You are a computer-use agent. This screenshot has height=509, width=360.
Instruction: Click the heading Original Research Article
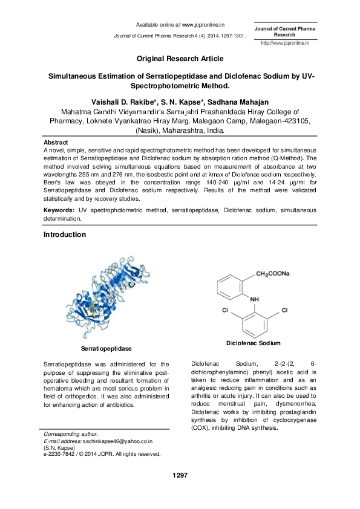(x=179, y=59)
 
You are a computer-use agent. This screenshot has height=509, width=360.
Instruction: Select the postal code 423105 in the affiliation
(x=293, y=121)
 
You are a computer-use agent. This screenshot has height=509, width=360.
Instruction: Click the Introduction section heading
(x=65, y=234)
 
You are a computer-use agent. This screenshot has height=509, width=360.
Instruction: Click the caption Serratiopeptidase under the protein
(x=106, y=349)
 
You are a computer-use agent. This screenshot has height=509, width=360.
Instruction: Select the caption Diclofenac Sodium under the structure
(x=253, y=343)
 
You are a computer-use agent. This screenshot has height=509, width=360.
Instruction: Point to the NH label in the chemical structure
(x=254, y=299)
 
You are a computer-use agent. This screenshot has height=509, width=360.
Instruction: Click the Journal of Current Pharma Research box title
(x=284, y=31)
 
